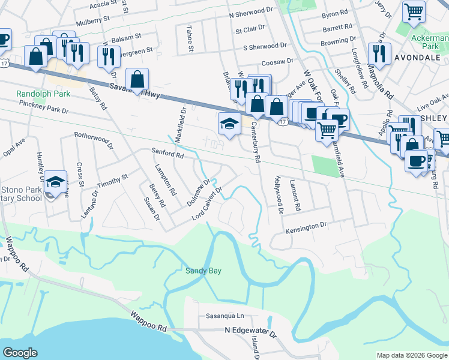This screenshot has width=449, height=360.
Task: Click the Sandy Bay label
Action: point(203,271)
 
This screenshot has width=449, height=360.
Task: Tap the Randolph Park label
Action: point(43,94)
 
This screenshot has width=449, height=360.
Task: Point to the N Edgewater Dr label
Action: point(250,331)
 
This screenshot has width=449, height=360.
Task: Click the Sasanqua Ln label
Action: point(226,316)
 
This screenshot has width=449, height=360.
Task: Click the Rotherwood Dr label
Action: point(92,137)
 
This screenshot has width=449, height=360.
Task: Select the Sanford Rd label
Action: point(167,154)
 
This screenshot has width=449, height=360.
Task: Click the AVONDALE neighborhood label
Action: point(419,58)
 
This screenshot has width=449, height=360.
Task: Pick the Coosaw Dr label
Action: point(276,61)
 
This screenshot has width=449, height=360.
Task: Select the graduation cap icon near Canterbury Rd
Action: point(228,124)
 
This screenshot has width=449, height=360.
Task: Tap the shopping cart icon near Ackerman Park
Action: point(414,11)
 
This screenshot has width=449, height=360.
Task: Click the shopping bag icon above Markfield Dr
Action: point(137,79)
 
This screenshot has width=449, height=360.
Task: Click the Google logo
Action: point(20,353)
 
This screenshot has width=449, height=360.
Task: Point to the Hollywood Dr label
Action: point(278,195)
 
